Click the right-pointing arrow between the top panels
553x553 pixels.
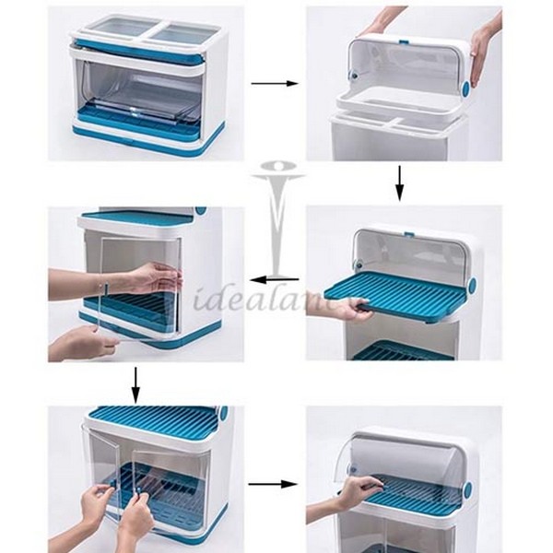pos(274,84)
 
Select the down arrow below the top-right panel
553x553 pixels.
pos(399,182)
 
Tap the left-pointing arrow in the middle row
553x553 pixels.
pos(274,278)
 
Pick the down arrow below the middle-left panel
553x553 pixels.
pos(135,383)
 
